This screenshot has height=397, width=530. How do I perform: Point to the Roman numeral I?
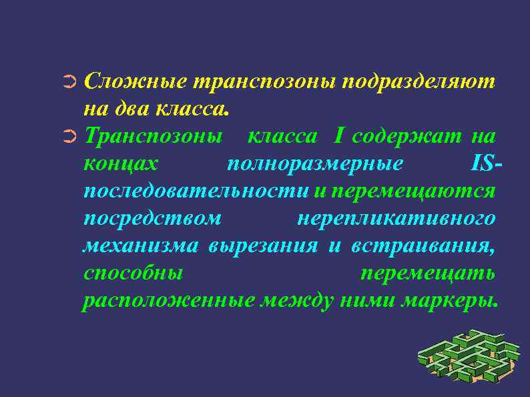[x=340, y=136]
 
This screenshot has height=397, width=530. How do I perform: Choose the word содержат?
[x=406, y=137]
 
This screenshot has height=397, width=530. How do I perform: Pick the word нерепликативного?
[x=395, y=219]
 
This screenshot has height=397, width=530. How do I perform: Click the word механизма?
[x=140, y=246]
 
